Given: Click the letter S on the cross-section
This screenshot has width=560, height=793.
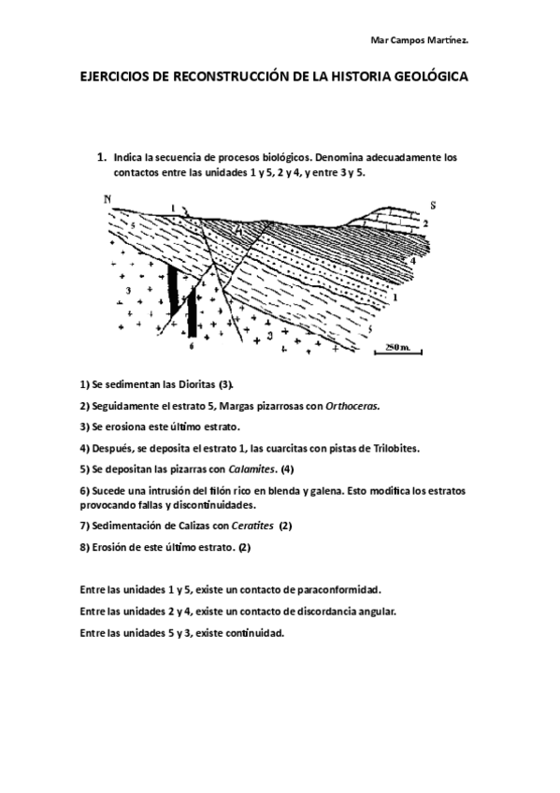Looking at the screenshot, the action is (x=432, y=203).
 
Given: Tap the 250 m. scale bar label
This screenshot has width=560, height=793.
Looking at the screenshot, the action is (x=397, y=346).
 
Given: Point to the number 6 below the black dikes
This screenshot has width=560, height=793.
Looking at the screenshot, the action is (x=190, y=345).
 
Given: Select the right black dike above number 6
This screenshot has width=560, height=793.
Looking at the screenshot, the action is (x=191, y=311).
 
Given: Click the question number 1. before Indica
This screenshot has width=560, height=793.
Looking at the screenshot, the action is (x=103, y=158).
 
